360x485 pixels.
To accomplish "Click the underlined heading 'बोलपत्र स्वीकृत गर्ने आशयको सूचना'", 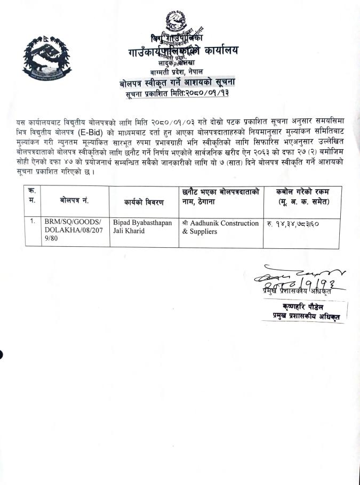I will click(177, 82).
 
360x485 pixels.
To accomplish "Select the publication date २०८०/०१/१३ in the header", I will click(204, 94).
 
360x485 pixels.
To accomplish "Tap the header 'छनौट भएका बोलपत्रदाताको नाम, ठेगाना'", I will click(220, 195).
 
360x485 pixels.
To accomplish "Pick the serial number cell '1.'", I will click(32, 222).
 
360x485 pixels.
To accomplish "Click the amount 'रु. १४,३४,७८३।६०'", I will click(297, 223).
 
